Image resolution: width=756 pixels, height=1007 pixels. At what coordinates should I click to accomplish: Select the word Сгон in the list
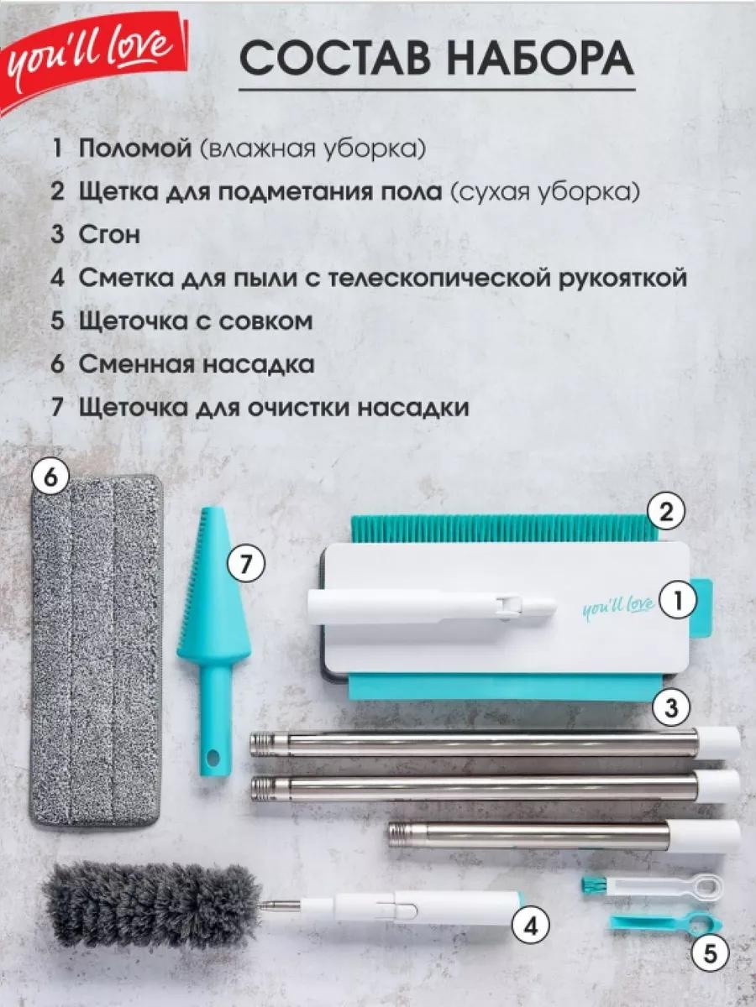point(109,234)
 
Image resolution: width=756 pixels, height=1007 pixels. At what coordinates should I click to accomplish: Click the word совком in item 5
point(265,321)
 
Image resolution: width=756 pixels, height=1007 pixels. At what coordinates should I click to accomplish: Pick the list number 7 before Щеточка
point(57,407)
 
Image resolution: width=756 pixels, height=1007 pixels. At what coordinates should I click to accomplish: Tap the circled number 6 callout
point(51,478)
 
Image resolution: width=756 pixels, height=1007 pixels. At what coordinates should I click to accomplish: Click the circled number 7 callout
point(248,564)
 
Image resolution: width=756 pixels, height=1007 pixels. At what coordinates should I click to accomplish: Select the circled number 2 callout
point(665,513)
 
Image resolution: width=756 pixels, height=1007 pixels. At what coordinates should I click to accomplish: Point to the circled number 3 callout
point(671,708)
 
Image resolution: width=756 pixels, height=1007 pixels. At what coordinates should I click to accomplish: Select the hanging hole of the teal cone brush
point(212,759)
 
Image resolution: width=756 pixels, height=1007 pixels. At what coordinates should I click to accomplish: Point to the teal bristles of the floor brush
point(502,528)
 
